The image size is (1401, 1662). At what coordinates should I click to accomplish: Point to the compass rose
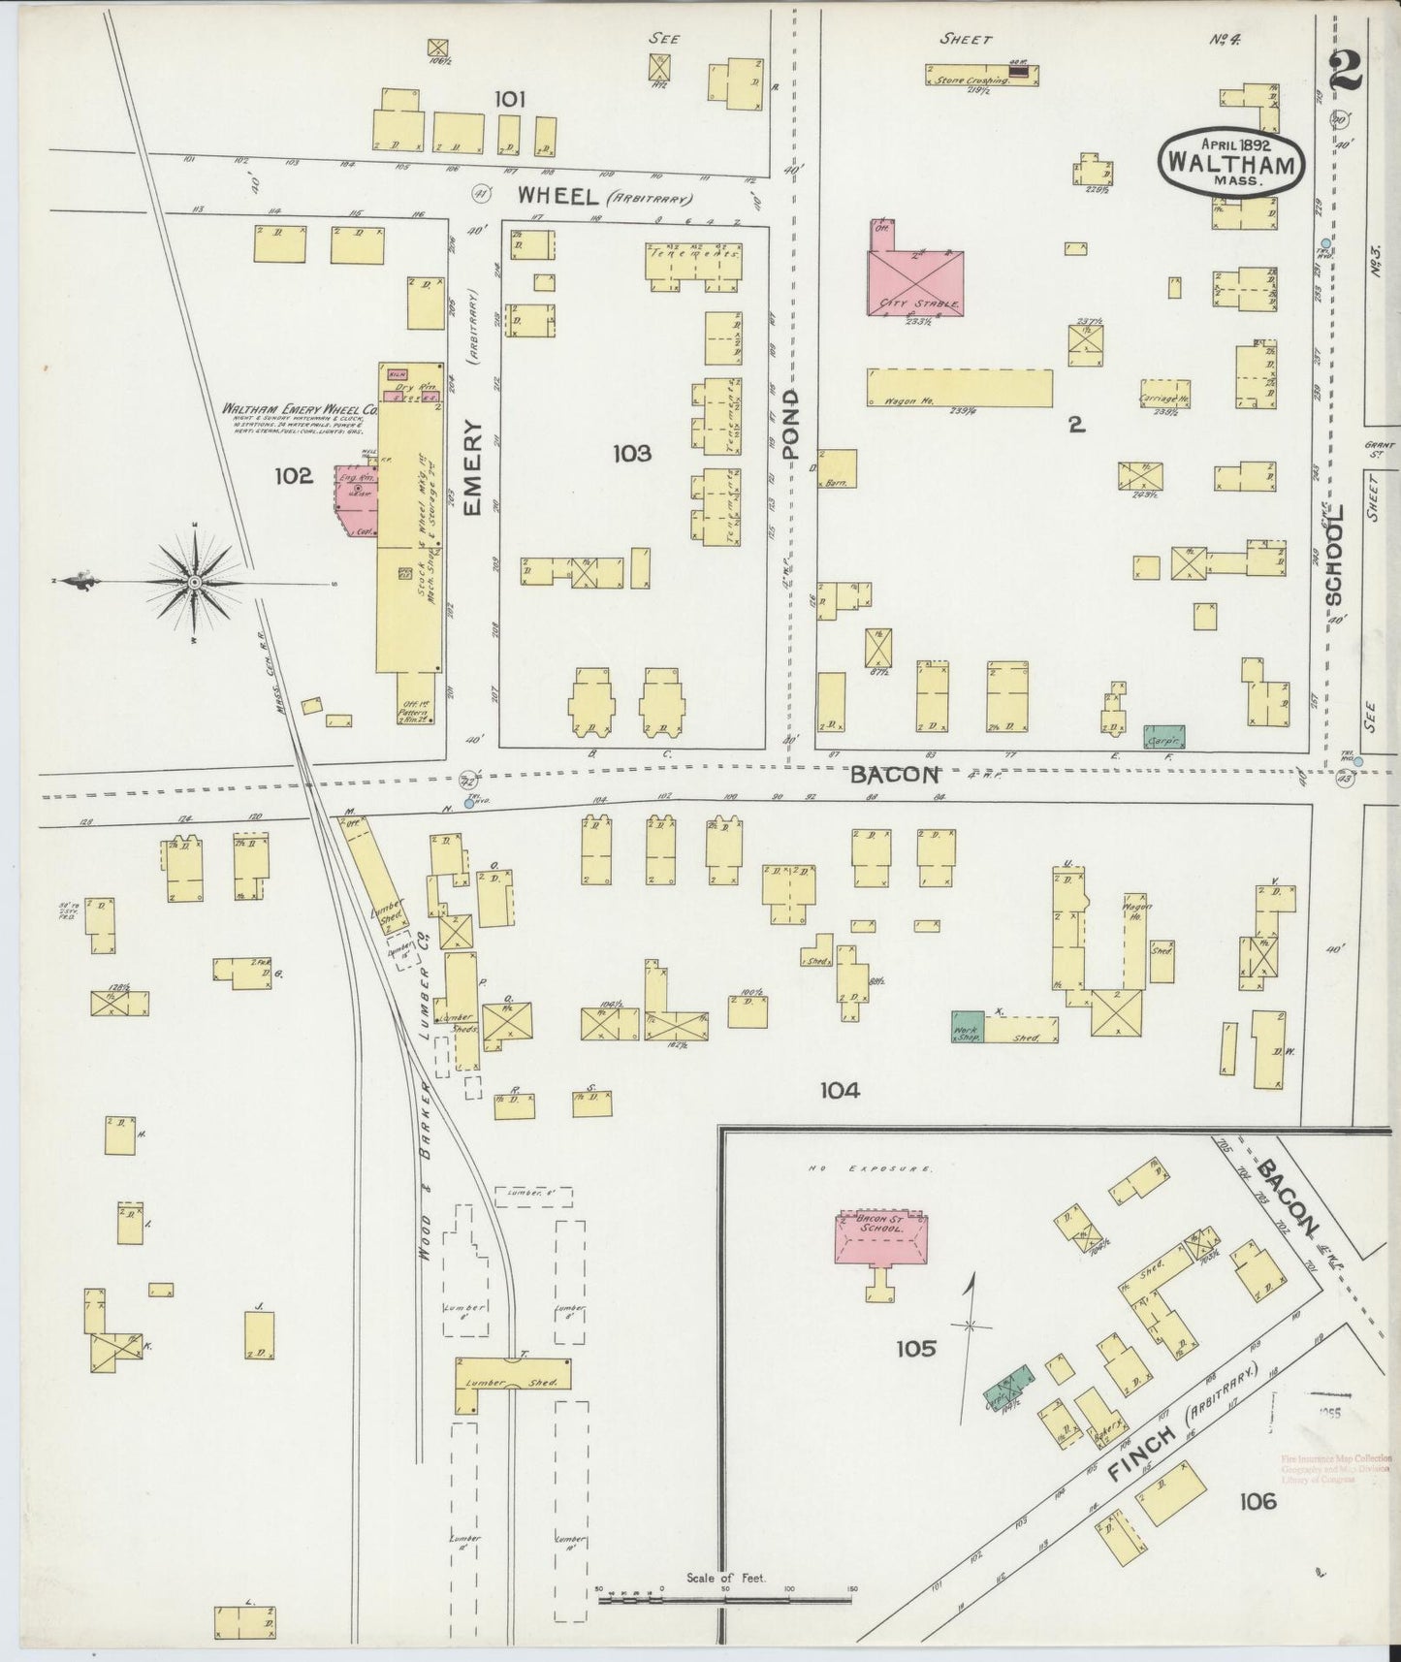pos(194,581)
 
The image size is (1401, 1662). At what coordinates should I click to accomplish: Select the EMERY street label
pos(473,467)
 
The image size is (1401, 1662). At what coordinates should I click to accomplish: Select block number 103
pos(632,453)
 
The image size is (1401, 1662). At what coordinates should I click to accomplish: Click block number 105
pos(915,1348)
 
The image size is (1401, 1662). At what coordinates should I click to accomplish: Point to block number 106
pos(1257,1503)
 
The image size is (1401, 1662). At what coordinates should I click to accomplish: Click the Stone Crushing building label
pos(972,80)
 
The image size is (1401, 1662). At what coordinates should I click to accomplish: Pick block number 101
pos(510,99)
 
